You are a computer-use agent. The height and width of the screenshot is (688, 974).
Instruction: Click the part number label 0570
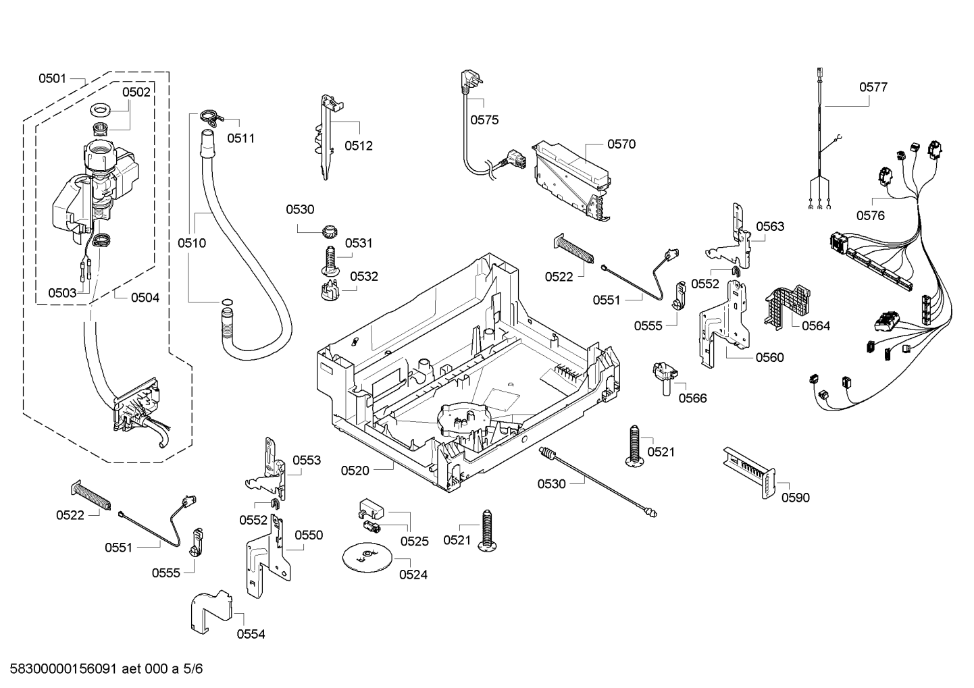click(x=621, y=144)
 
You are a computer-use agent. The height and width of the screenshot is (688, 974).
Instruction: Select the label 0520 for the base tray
click(x=355, y=471)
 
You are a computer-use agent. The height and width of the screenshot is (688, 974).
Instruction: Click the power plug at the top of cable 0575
click(x=467, y=82)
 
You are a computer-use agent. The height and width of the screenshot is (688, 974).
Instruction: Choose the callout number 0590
click(x=795, y=498)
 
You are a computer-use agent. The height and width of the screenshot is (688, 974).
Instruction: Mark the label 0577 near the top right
click(x=873, y=87)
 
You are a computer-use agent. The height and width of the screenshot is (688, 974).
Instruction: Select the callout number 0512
click(x=358, y=146)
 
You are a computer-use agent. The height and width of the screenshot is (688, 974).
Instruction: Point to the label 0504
click(x=145, y=297)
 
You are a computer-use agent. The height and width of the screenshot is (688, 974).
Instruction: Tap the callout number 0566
click(x=692, y=398)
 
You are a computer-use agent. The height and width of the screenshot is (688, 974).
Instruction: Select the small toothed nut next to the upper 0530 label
click(x=330, y=232)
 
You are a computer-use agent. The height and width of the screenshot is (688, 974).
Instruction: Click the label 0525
click(x=414, y=541)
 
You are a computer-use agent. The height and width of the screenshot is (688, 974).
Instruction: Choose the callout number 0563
click(x=770, y=226)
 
